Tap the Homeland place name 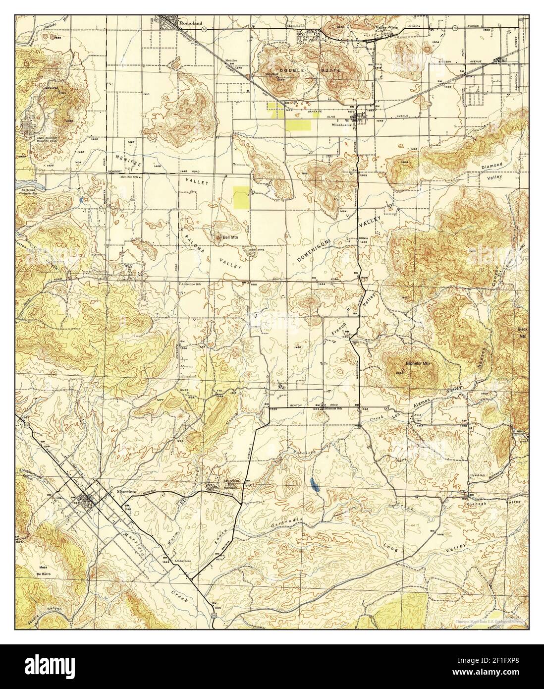(x=297, y=23)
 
